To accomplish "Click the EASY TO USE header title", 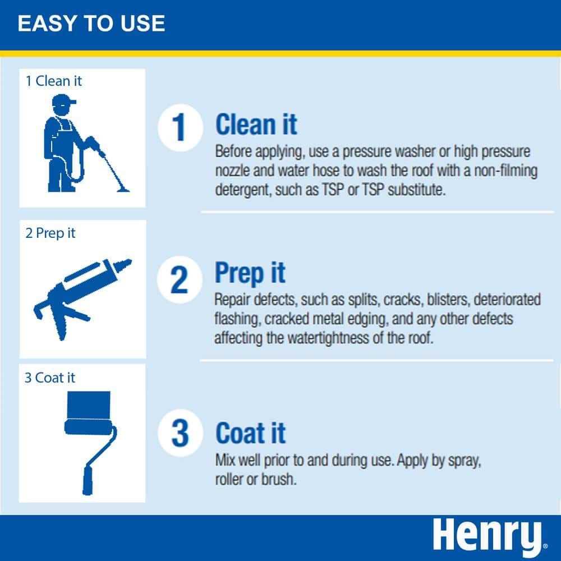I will [91, 24].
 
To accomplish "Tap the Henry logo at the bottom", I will [487, 536].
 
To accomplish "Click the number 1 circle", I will [178, 127].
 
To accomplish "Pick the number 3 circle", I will [179, 434].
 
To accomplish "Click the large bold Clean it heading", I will [256, 125].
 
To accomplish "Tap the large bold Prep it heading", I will [250, 273].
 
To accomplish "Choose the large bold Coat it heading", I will [251, 433].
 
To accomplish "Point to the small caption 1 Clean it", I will [53, 81].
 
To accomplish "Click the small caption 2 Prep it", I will [50, 233].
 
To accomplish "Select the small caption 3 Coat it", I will [49, 378].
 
